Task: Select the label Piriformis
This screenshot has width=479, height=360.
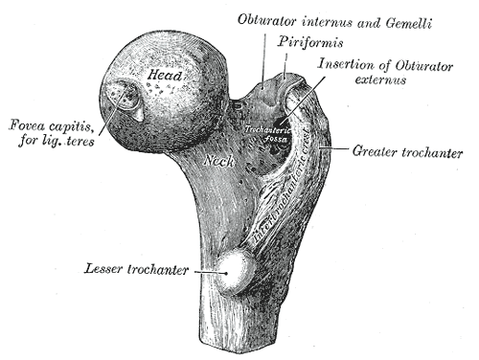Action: click(307, 43)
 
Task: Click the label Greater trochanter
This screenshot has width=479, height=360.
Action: click(407, 151)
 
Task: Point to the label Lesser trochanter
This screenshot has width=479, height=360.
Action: click(136, 271)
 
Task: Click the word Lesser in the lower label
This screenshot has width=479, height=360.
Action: click(100, 271)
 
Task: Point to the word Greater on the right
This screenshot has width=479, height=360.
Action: click(377, 151)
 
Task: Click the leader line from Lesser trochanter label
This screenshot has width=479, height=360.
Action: click(204, 273)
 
